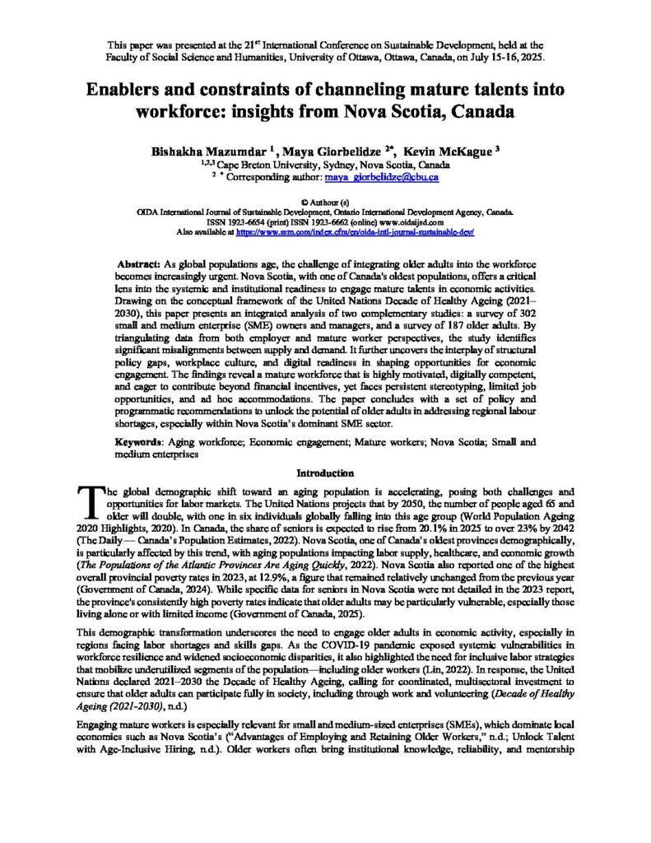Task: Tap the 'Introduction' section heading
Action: pyautogui.click(x=325, y=473)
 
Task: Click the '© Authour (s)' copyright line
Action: pyautogui.click(x=325, y=201)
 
